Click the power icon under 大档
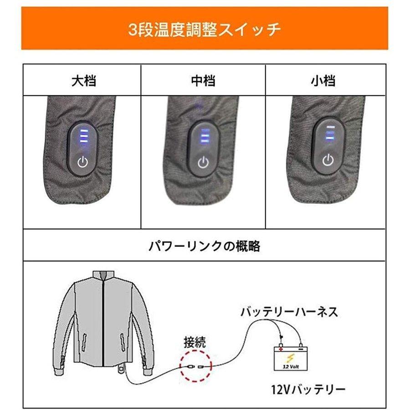[x=82, y=161]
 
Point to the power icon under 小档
[x=327, y=160]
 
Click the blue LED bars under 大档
[x=83, y=135]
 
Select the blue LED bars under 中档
[x=205, y=135]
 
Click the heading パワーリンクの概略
[x=205, y=246]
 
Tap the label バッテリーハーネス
[x=289, y=312]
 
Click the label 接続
[x=194, y=342]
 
